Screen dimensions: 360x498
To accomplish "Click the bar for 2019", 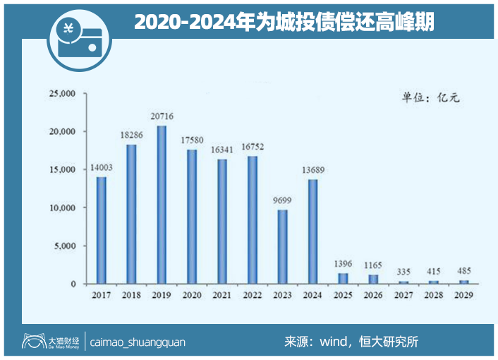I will point(162,205).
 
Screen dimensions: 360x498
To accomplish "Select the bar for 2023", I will point(283,246).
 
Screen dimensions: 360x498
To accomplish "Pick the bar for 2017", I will point(101,230).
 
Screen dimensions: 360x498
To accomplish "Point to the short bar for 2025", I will point(344,278).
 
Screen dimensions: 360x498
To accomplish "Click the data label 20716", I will point(162,116).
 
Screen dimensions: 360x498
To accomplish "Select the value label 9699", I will point(283,200).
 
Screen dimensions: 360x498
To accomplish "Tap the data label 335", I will point(404,270).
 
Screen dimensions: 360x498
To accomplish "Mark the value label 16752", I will point(253,147).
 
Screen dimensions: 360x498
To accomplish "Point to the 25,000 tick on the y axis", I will point(61,94).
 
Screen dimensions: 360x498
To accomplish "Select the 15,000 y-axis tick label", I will point(61,170).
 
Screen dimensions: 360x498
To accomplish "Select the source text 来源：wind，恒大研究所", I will point(351,342).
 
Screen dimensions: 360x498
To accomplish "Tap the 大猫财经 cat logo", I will point(31,342).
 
